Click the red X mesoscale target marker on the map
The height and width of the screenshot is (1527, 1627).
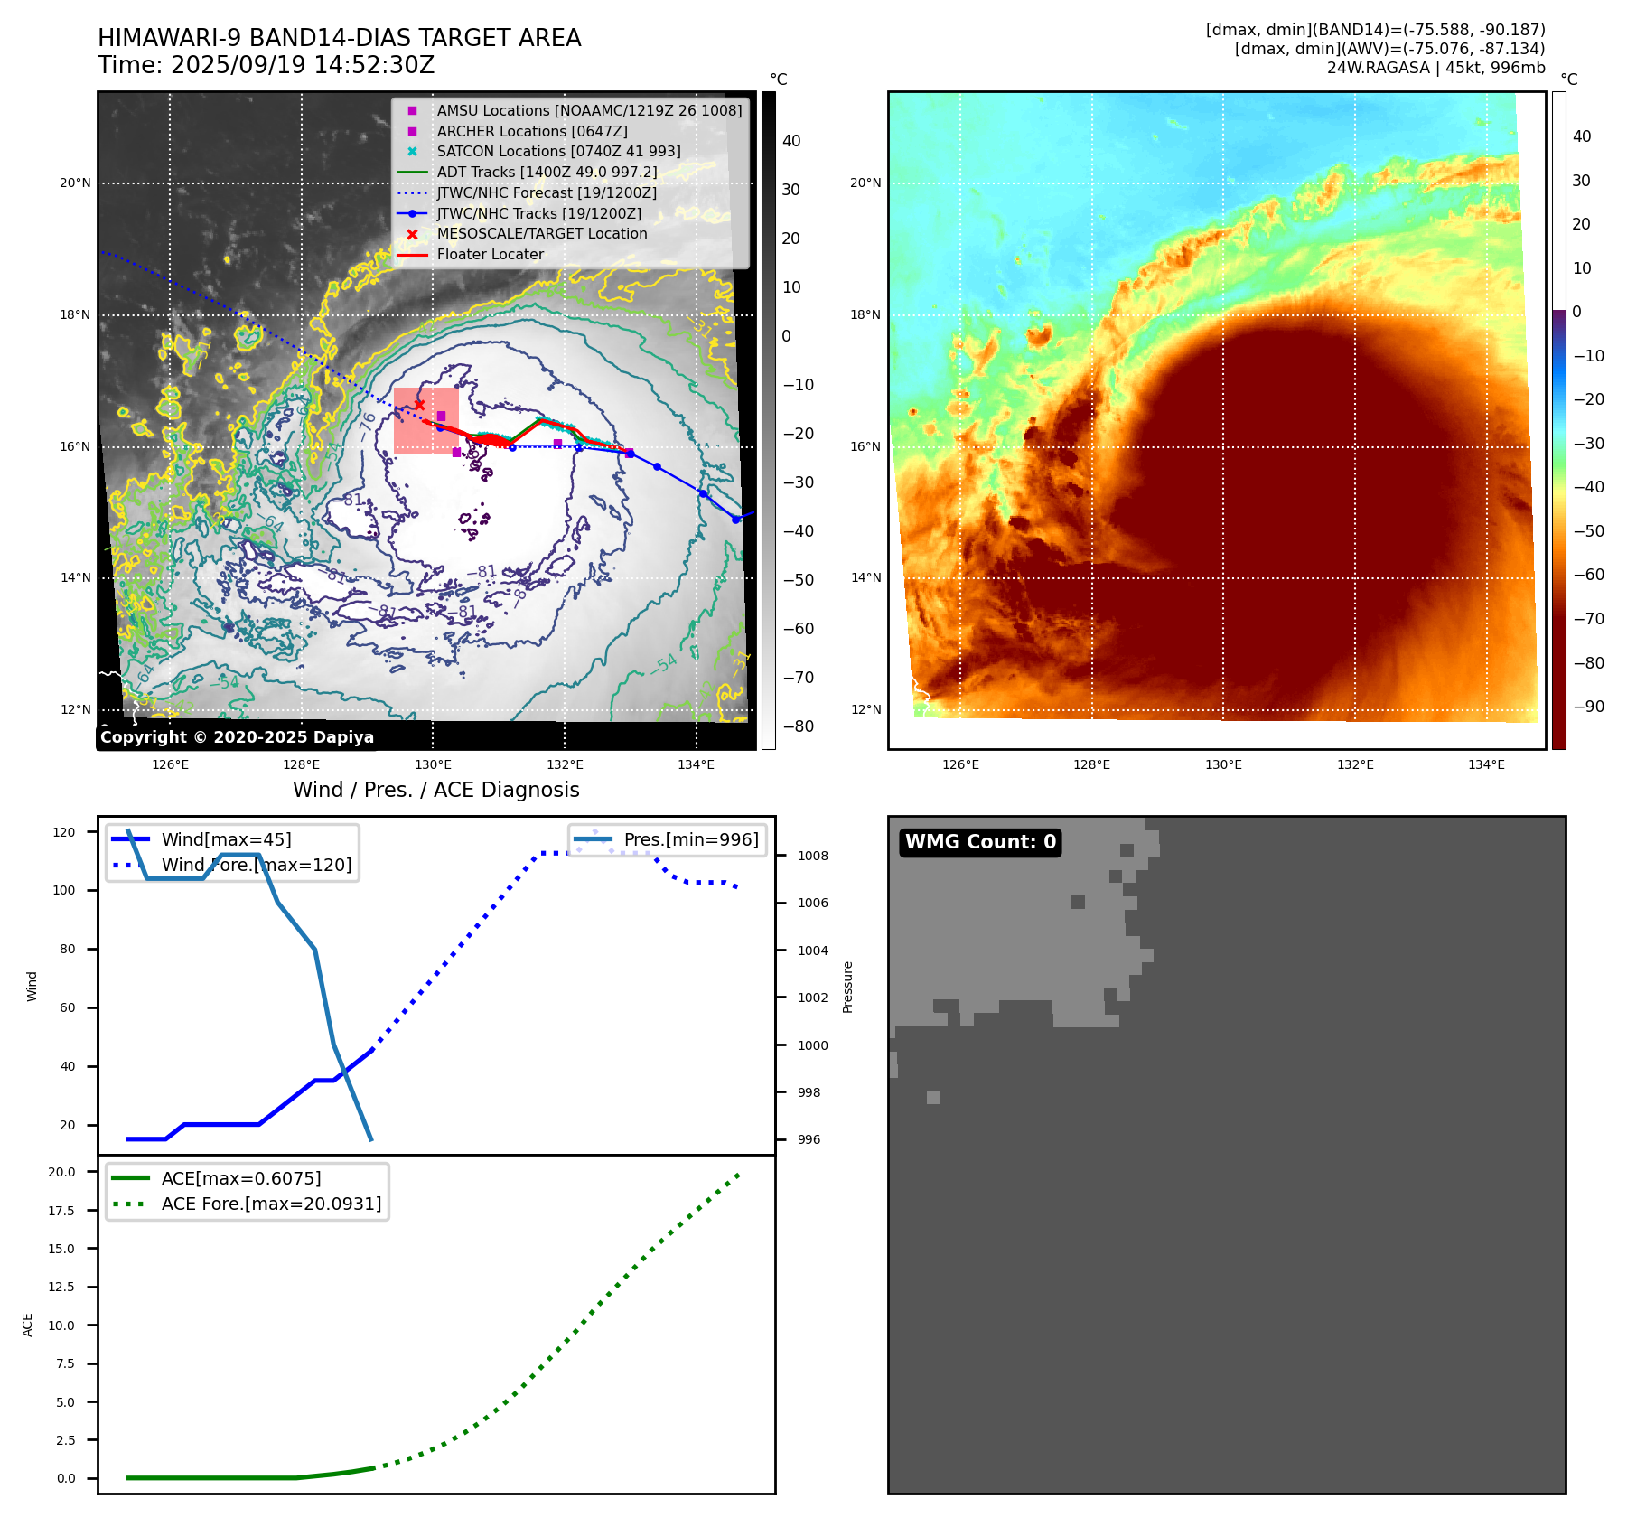(419, 405)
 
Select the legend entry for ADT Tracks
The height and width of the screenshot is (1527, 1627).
(547, 173)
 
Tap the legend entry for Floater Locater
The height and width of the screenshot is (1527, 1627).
(490, 255)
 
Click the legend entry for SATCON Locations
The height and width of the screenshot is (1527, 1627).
(558, 152)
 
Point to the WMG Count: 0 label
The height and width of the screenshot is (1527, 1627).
(980, 842)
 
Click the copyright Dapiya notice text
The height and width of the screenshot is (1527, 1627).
(237, 737)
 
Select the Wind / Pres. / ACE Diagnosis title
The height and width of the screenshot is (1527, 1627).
(435, 790)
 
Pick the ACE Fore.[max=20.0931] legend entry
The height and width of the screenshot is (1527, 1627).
(271, 1204)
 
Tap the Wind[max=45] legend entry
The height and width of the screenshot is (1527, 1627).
(226, 839)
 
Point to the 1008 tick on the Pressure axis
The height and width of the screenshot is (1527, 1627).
(812, 856)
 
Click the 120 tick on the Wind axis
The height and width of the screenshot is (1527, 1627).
(64, 832)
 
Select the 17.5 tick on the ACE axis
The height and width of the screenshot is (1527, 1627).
(61, 1211)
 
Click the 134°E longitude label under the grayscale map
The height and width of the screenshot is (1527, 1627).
(696, 765)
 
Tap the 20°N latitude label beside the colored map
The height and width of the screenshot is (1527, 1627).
(865, 183)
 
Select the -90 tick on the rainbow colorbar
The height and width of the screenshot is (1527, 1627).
(1588, 707)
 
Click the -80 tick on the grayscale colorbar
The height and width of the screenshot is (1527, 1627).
(798, 726)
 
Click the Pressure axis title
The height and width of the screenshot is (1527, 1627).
(847, 987)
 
